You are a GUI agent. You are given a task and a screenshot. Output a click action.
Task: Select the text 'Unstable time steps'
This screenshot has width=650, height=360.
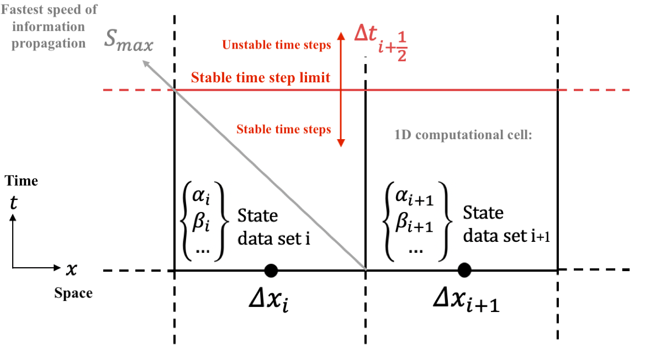276,45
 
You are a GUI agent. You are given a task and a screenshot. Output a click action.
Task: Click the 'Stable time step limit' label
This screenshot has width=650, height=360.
261,77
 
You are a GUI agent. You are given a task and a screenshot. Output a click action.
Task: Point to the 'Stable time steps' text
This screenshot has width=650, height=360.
284,129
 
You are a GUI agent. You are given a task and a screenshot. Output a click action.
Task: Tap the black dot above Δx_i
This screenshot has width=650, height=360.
271,270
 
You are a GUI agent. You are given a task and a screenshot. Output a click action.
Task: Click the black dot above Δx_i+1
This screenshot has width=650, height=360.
464,270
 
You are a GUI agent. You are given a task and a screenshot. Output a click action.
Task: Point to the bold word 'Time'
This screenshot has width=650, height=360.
22,181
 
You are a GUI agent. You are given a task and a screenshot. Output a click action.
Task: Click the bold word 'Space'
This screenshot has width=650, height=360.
73,293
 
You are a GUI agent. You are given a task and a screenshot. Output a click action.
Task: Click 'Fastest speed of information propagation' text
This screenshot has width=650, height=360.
46,26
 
